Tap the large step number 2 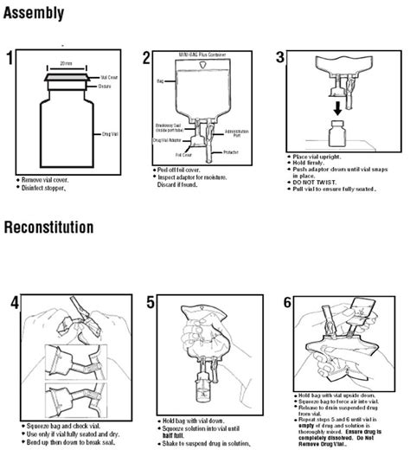[x=147, y=60]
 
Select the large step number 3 [x=279, y=60]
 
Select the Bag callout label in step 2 [x=160, y=80]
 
